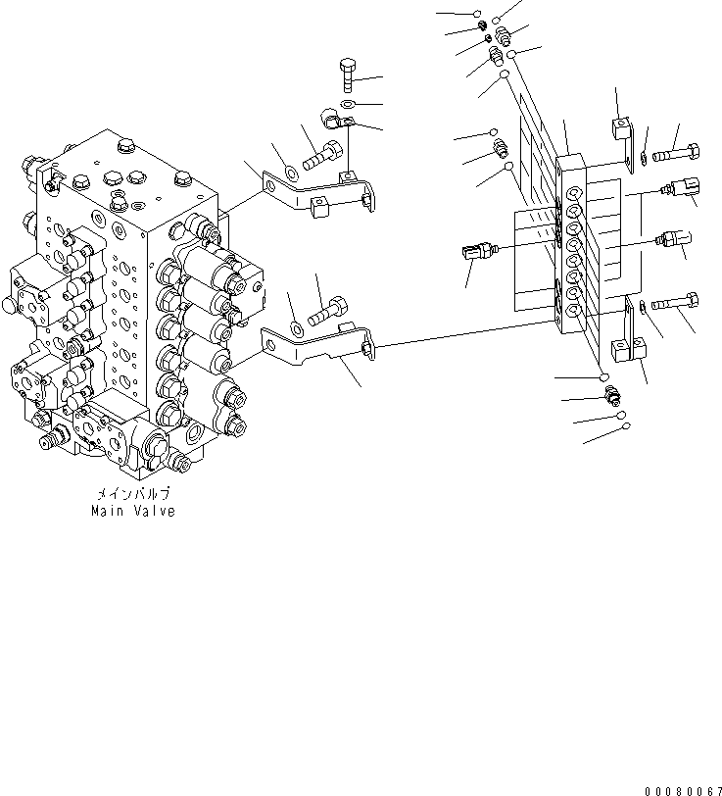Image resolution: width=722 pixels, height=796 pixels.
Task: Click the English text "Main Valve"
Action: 132,511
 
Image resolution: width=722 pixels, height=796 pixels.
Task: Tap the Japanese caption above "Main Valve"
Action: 132,495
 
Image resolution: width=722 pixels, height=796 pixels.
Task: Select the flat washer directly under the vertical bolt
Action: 349,102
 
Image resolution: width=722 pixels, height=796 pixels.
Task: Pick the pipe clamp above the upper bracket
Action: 336,124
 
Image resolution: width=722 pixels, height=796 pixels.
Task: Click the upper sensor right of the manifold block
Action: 681,186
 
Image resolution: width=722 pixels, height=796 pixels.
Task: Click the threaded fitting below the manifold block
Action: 611,396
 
